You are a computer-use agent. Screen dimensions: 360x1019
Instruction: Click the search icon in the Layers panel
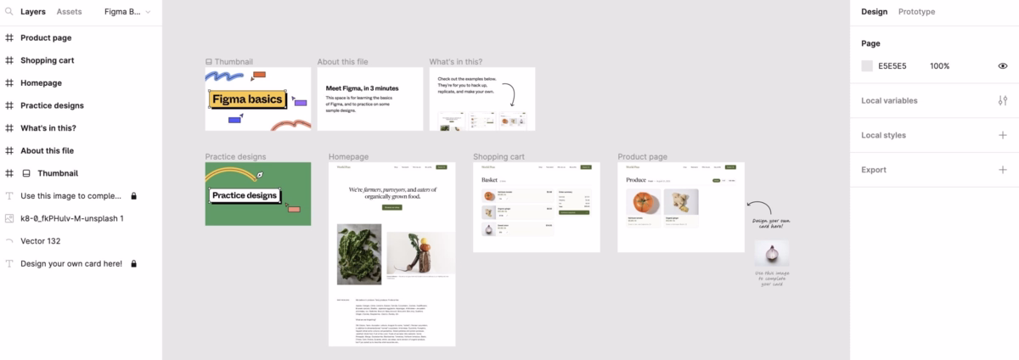[x=8, y=12]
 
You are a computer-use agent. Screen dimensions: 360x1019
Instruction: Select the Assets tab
[x=69, y=12]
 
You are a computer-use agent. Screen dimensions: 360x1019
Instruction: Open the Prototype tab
[x=916, y=12]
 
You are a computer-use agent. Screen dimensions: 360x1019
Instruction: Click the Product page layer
[x=58, y=38]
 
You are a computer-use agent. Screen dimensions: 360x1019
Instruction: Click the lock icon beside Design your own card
[x=133, y=264]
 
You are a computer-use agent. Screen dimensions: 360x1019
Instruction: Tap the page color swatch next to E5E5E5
[x=867, y=66]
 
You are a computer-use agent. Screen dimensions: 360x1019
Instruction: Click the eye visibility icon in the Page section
[x=1003, y=66]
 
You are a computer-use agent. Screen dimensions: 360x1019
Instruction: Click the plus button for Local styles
[x=1003, y=135]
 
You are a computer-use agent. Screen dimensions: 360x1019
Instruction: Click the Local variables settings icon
[x=1003, y=100]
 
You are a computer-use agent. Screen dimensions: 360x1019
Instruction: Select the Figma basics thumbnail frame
[x=257, y=99]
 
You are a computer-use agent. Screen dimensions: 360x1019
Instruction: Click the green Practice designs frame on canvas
[x=257, y=194]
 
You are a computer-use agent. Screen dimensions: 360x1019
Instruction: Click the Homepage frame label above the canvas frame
[x=348, y=157]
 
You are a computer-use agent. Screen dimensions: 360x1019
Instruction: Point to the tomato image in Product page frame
[x=644, y=203]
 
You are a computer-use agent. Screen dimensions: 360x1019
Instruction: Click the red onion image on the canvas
[x=771, y=254]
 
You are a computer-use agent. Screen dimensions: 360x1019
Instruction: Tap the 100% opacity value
[x=939, y=66]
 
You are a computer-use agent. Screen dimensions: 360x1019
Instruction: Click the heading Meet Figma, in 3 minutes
[x=362, y=88]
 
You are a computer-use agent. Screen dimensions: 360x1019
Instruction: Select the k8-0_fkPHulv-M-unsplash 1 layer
[x=72, y=218]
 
